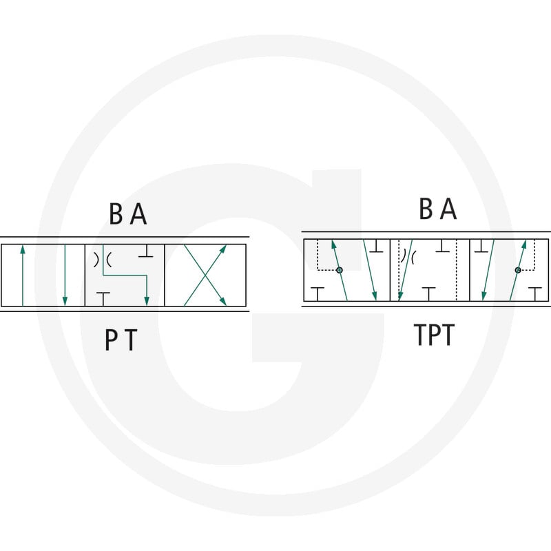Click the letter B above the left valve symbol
tap(116, 214)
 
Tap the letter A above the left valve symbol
tap(138, 214)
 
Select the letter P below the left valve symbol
tap(112, 340)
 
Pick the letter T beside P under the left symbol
tap(130, 340)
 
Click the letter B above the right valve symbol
tap(426, 209)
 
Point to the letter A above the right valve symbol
tap(448, 209)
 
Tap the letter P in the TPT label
tap(435, 335)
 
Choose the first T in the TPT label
tap(421, 335)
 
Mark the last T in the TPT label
tap(448, 335)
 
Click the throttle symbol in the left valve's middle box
tap(102, 260)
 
